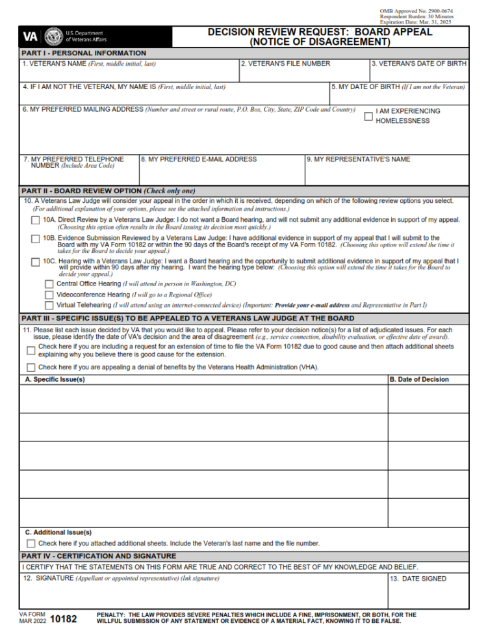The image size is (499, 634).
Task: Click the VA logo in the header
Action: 31,36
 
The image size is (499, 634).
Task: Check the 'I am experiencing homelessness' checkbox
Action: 368,116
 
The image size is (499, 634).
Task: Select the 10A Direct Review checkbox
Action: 36,220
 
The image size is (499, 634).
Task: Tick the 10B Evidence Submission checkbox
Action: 36,239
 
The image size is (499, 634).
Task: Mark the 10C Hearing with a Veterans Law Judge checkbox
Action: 36,262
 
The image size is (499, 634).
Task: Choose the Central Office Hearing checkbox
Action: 49,284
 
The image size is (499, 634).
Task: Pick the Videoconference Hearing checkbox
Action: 49,295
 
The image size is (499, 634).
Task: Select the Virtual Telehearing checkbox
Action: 49,305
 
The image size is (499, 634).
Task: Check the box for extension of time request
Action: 31,350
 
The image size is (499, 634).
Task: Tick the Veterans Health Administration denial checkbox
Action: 31,367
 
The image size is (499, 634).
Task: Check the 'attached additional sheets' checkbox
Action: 31,544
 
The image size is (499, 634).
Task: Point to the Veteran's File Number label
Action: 285,64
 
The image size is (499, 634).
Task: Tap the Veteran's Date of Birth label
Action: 419,64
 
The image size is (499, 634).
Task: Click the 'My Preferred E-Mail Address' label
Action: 199,159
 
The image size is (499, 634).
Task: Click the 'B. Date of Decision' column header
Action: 419,379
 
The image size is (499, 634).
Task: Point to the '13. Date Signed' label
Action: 418,579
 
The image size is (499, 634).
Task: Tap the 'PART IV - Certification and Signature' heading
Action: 99,556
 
